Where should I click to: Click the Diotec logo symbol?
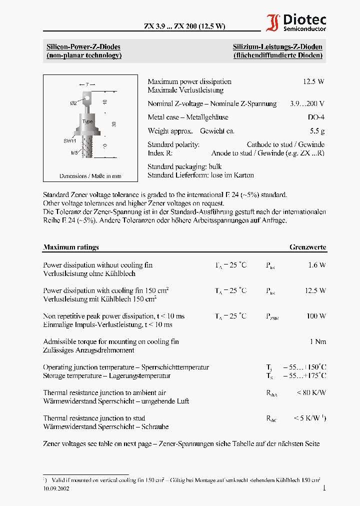tap(273, 23)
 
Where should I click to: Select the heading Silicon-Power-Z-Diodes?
tap(83, 47)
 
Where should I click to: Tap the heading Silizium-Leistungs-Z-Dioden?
tap(277, 47)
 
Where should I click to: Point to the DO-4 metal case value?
tap(316, 117)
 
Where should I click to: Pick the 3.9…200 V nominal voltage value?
tap(307, 104)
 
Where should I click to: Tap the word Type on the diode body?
tap(87, 121)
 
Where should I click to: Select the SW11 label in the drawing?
tap(69, 141)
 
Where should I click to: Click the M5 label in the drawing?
tap(74, 153)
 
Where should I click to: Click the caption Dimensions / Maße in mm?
tap(90, 176)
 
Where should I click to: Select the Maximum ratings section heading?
tap(71, 247)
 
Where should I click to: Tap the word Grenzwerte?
tap(308, 247)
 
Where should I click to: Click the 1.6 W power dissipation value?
tap(317, 265)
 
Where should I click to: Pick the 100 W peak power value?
tap(316, 316)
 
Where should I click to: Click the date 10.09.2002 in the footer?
tap(56, 488)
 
